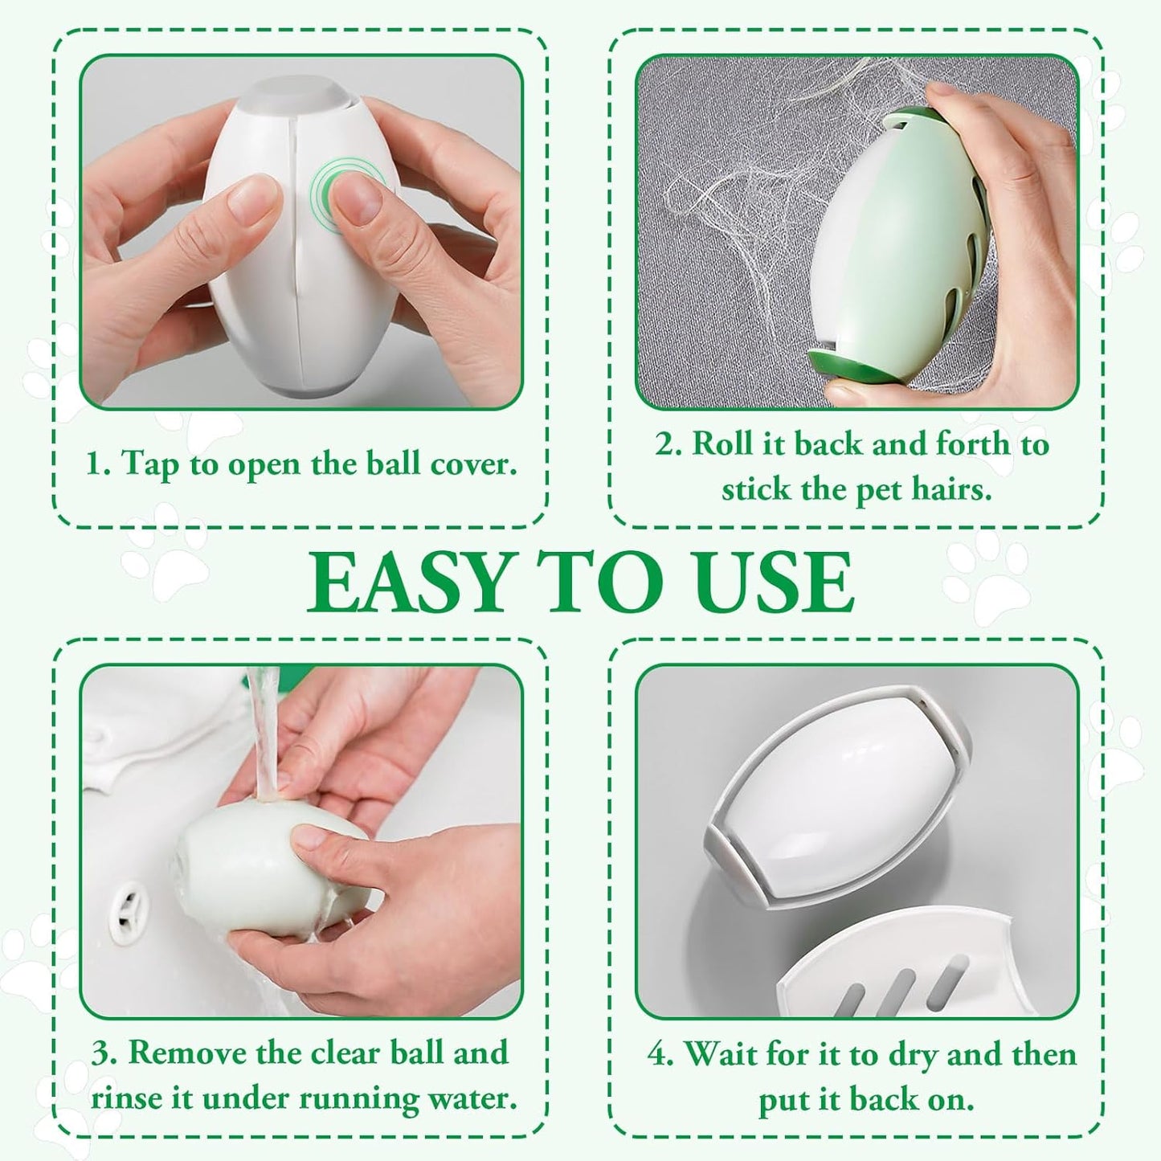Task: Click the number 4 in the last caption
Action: [659, 1055]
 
